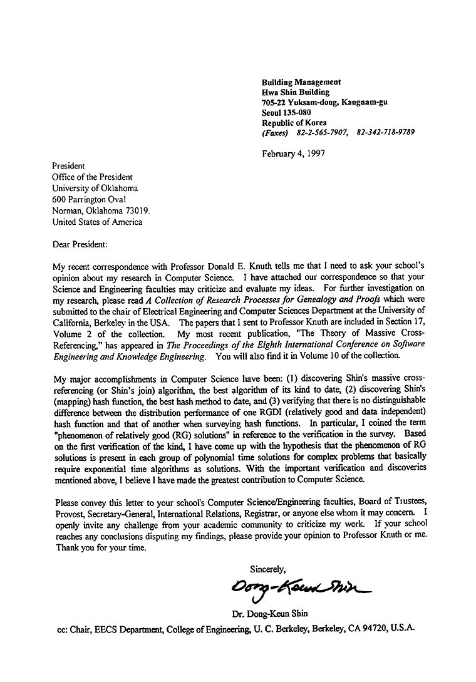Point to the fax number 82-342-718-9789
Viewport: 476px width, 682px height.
point(385,133)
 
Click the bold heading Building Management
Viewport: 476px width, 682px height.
point(301,82)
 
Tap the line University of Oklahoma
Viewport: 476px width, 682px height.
point(95,189)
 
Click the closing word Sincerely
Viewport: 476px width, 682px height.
point(267,569)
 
